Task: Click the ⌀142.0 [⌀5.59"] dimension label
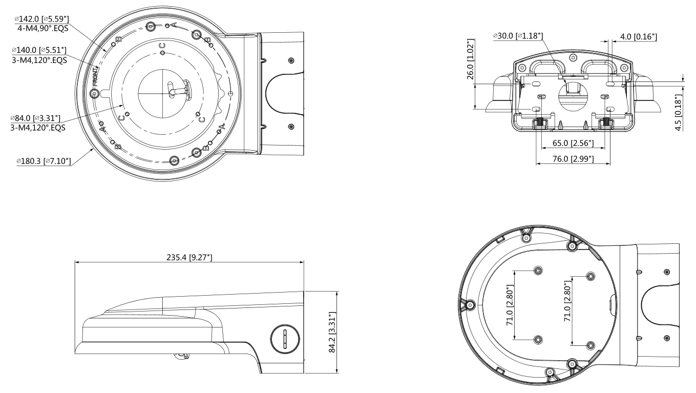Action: coord(41,19)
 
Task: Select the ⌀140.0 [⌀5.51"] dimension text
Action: coord(39,50)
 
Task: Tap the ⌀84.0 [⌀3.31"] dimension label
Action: coord(35,118)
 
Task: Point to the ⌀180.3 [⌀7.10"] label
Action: coord(44,161)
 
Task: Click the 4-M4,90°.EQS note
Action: coord(43,28)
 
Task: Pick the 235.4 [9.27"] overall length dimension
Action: coord(189,257)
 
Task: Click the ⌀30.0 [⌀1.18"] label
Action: coord(518,36)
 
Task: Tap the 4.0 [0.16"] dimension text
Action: coord(639,37)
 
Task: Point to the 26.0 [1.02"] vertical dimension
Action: coord(471,59)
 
